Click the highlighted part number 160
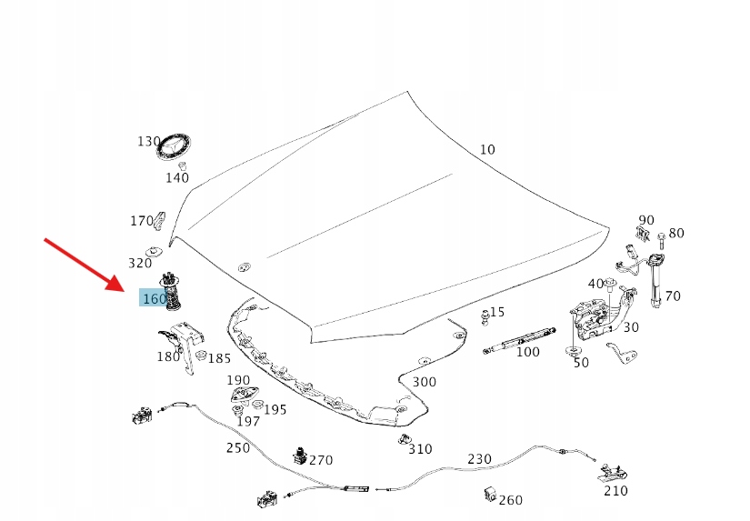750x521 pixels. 155,298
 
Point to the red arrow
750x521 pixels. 85,265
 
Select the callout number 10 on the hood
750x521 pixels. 487,150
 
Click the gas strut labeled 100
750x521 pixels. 519,340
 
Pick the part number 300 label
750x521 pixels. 424,382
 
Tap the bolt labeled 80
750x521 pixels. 662,241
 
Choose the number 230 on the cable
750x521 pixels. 479,459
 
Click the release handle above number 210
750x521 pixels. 612,472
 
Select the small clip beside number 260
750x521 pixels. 490,495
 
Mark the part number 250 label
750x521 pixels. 237,447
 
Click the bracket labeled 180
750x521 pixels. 183,345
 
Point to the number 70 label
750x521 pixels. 673,296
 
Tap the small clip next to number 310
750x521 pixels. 405,439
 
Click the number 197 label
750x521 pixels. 248,421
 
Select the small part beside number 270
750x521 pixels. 299,456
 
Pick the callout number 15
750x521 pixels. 497,312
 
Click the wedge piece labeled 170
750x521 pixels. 160,221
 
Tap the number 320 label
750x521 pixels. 140,263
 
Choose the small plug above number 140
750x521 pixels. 182,166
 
